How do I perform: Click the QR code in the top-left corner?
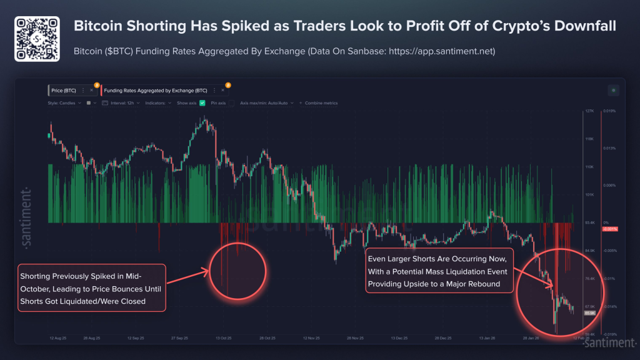pyautogui.click(x=37, y=39)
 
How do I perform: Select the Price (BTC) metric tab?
pyautogui.click(x=64, y=91)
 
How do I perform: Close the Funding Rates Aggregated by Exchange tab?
pyautogui.click(x=222, y=91)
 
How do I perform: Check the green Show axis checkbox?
pyautogui.click(x=202, y=102)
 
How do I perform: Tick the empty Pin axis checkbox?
pyautogui.click(x=231, y=102)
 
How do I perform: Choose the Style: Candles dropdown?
pyautogui.click(x=64, y=102)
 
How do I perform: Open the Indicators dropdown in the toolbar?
pyautogui.click(x=157, y=102)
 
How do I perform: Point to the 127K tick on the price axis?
pyautogui.click(x=589, y=111)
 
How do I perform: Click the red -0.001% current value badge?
pyautogui.click(x=609, y=229)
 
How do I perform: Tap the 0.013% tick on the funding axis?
pyautogui.click(x=609, y=148)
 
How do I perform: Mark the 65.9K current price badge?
pyautogui.click(x=589, y=312)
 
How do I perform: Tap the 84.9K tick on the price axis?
pyautogui.click(x=589, y=251)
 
